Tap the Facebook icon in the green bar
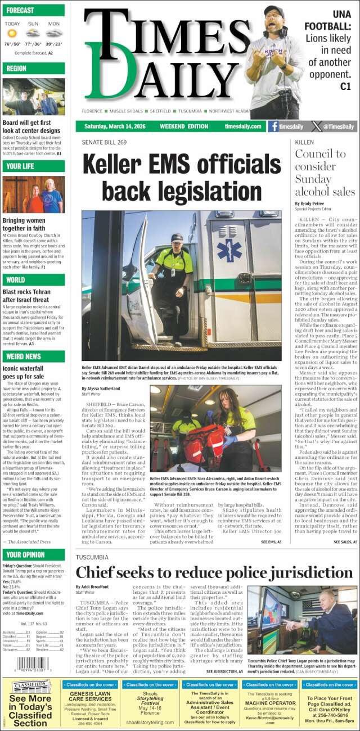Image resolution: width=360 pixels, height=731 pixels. coord(274,127)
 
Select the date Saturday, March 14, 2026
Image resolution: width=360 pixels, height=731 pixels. coord(116,127)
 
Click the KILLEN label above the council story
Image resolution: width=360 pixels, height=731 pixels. coord(304,142)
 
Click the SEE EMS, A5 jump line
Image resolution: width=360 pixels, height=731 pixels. coord(271,542)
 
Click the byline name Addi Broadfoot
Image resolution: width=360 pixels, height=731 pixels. coord(93,586)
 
